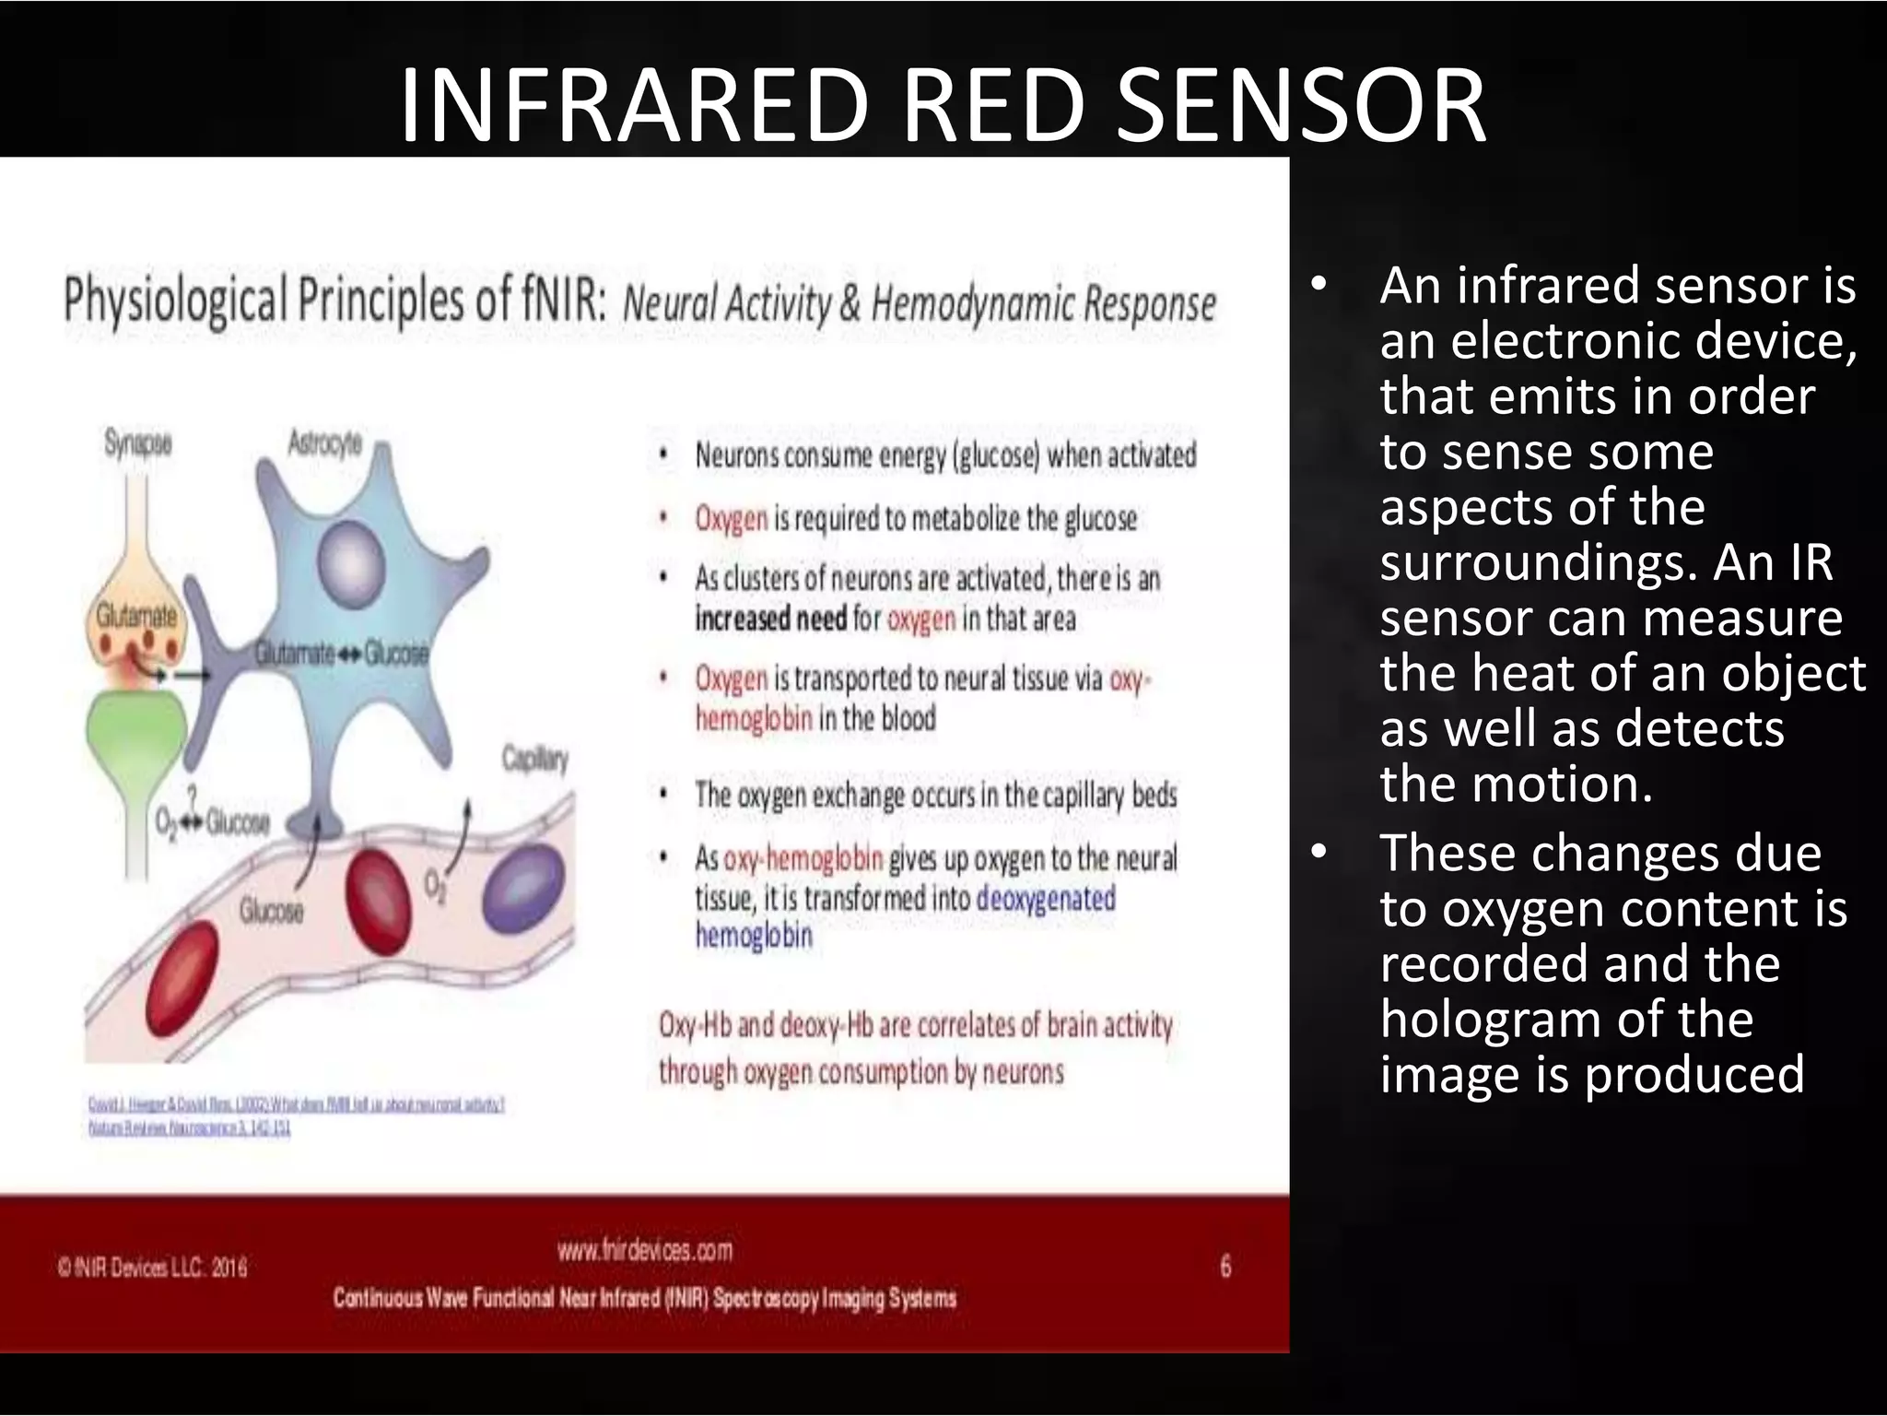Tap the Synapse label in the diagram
pos(138,444)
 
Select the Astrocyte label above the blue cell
pos(324,443)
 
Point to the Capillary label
pos(534,759)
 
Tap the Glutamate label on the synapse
pos(136,616)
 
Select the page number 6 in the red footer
pos(1225,1267)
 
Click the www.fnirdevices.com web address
pos(645,1250)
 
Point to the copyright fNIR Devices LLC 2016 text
pos(153,1268)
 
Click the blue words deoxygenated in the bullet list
pos(1045,897)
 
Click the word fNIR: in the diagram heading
pos(562,300)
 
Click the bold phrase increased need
pos(770,618)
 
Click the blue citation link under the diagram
pos(295,1104)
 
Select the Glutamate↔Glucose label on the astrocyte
pos(342,654)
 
